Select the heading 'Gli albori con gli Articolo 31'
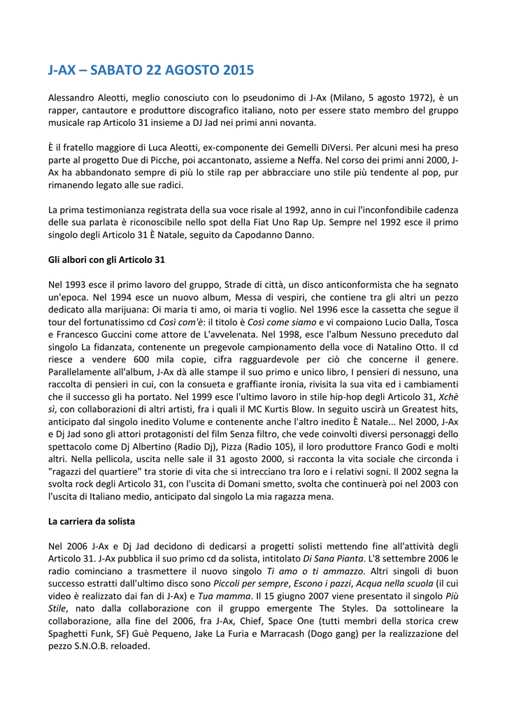point(106,259)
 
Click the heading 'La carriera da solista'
point(92,522)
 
